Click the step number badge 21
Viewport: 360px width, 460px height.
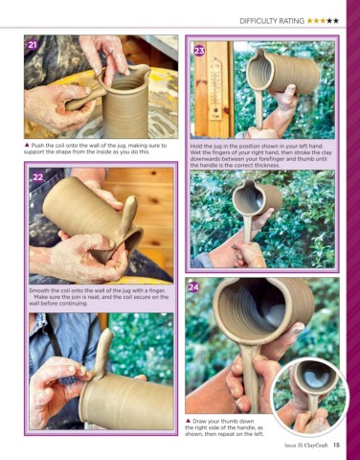[33, 45]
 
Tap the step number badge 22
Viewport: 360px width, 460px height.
[37, 177]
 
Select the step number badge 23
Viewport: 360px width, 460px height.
[199, 51]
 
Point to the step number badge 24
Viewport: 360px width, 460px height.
[193, 287]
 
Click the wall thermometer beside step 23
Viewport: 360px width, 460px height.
[216, 89]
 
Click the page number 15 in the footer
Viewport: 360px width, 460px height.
[336, 445]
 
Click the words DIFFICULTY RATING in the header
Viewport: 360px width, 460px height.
[272, 21]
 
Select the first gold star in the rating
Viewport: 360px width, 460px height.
[309, 21]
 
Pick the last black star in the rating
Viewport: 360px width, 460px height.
[335, 21]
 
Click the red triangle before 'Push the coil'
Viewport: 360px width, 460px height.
[27, 145]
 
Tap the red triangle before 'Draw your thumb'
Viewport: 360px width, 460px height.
[188, 421]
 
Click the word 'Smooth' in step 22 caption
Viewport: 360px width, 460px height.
[38, 290]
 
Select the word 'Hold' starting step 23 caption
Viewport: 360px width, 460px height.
[196, 147]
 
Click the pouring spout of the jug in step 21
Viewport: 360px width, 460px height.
[145, 70]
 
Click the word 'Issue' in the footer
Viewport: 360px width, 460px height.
[290, 445]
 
